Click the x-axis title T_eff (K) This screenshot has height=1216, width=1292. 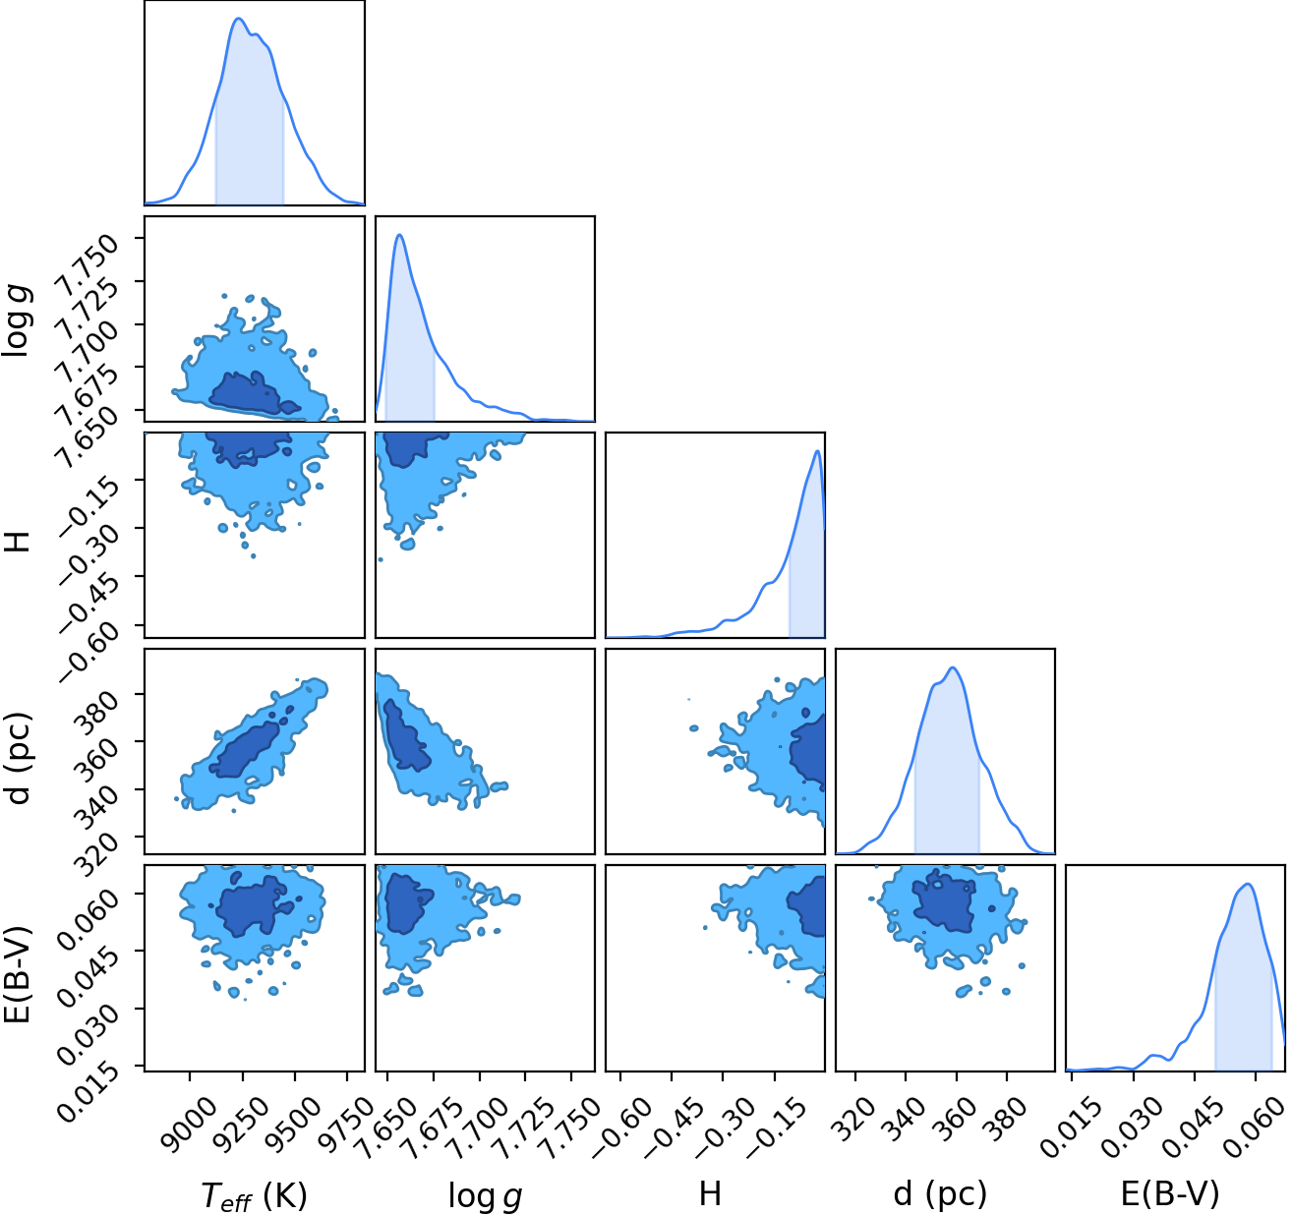tap(254, 1194)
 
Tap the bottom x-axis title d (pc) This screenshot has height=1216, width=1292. tap(940, 1193)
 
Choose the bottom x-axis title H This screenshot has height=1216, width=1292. tap(710, 1193)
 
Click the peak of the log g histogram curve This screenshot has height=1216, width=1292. tap(400, 235)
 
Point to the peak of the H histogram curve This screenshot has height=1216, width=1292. tap(818, 451)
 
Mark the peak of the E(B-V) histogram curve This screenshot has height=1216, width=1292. tap(1247, 884)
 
